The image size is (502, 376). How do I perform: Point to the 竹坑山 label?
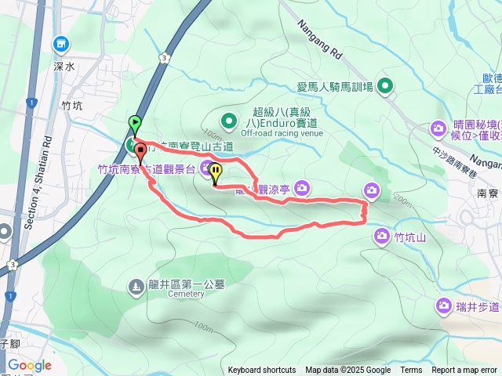click(409, 237)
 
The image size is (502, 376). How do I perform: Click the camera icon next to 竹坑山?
click(382, 235)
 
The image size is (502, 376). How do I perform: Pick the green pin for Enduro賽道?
click(227, 121)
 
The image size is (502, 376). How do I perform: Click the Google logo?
click(29, 365)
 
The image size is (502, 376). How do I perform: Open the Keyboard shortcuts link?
click(262, 371)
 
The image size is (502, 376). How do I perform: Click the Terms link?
click(411, 371)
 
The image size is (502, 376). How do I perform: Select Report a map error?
click(464, 371)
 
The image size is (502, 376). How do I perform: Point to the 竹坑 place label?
click(71, 104)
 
